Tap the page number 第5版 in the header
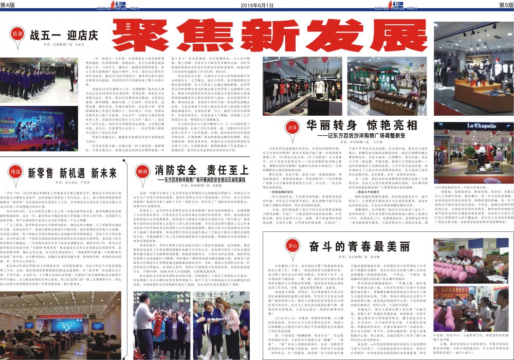point(505,5)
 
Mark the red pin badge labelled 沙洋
point(292,127)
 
